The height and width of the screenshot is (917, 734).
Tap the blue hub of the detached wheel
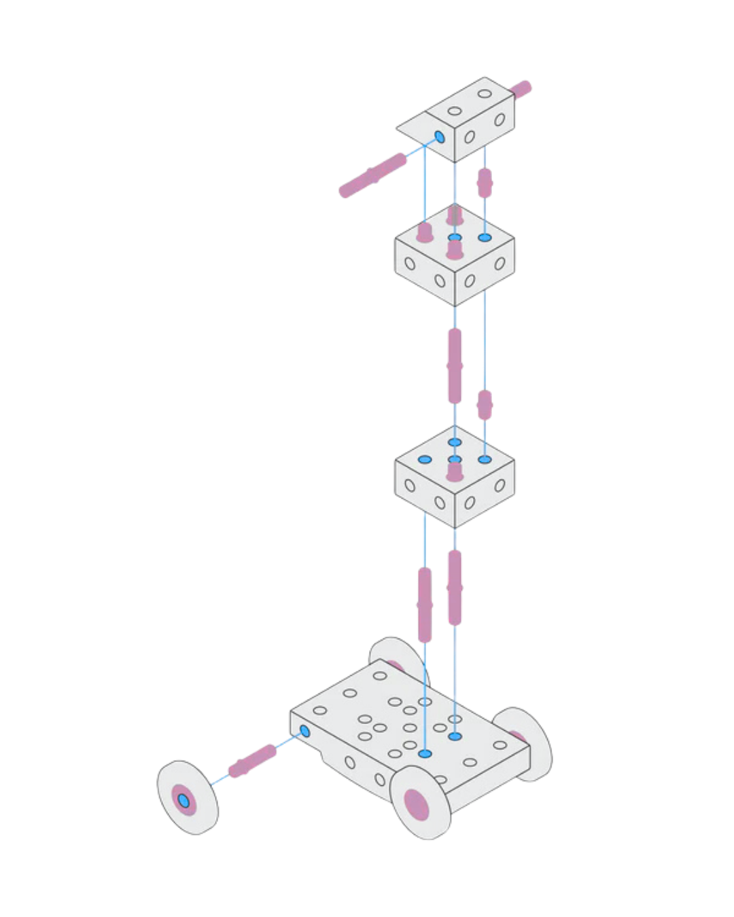pos(183,801)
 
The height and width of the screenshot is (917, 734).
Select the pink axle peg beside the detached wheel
pos(251,761)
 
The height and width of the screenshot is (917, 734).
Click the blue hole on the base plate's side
pos(304,732)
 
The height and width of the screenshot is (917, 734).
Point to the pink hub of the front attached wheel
pos(417,804)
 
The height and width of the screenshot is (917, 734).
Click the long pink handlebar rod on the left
pos(372,175)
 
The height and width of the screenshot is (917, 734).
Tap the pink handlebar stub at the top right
pos(521,89)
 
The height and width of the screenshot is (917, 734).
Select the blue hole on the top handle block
pos(439,137)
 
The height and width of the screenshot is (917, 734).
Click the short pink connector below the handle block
pos(484,182)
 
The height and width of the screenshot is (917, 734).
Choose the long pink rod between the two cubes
pos(455,367)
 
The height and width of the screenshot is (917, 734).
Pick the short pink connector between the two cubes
pos(484,404)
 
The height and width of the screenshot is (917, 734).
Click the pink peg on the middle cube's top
pos(455,468)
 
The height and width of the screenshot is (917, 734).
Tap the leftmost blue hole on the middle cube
pos(425,459)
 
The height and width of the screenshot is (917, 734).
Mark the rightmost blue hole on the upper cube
pos(485,238)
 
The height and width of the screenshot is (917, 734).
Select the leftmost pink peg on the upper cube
pos(425,232)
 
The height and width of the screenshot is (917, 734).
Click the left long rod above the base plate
pos(425,605)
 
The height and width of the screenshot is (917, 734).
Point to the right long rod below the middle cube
pos(455,588)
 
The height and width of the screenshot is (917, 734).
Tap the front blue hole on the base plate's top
pos(425,753)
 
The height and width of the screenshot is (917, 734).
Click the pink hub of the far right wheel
pos(518,736)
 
